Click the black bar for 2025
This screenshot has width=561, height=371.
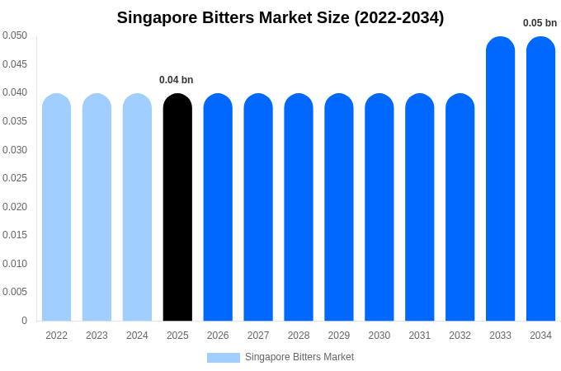(x=177, y=207)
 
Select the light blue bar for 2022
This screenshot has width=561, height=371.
(x=56, y=207)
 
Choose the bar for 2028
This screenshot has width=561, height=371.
(x=299, y=207)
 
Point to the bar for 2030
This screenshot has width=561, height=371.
(x=379, y=207)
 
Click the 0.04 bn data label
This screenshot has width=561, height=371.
(x=176, y=80)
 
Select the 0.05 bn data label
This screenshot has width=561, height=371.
(x=540, y=23)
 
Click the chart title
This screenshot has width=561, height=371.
(x=280, y=17)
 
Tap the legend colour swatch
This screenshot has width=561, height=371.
(x=223, y=358)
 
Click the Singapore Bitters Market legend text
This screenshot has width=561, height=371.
(x=299, y=357)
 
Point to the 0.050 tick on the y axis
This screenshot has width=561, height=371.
(x=15, y=35)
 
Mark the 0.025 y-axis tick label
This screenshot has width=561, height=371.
(x=15, y=178)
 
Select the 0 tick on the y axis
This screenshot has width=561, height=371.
(x=24, y=321)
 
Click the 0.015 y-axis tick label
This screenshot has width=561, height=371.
(x=15, y=235)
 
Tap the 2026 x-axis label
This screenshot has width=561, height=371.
(x=218, y=336)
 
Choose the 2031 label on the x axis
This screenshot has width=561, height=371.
(x=419, y=336)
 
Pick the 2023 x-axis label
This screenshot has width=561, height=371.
(x=97, y=336)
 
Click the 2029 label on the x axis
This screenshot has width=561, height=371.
(x=339, y=336)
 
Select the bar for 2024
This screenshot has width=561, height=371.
(x=137, y=207)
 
